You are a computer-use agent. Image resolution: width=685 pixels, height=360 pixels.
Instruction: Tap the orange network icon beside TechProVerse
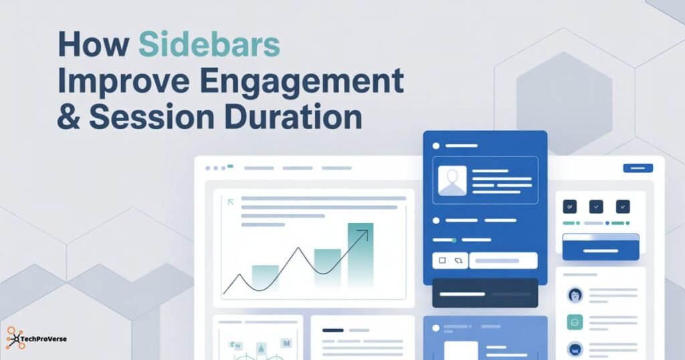pyautogui.click(x=15, y=339)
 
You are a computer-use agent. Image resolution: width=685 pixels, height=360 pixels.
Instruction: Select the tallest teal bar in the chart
pyautogui.click(x=360, y=254)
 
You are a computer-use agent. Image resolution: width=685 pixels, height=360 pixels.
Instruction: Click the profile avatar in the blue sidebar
pyautogui.click(x=452, y=181)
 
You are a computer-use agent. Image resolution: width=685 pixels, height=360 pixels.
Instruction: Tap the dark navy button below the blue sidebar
pyautogui.click(x=484, y=293)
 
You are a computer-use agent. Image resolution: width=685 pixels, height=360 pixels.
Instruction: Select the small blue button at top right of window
pyautogui.click(x=638, y=168)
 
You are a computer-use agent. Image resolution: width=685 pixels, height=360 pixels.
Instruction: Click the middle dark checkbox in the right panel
pyautogui.click(x=596, y=207)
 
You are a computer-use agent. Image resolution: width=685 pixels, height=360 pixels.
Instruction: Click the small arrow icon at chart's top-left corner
pyautogui.click(x=231, y=201)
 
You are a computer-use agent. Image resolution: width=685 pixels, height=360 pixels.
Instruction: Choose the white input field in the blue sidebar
pyautogui.click(x=503, y=260)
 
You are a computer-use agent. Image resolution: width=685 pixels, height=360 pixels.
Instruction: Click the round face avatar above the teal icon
pyautogui.click(x=575, y=295)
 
